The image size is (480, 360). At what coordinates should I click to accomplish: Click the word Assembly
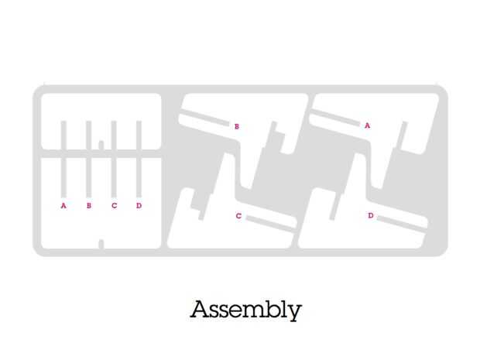tap(245, 310)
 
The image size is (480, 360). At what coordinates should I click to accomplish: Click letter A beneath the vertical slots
tap(63, 206)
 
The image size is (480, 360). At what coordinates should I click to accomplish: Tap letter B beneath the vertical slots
tap(89, 206)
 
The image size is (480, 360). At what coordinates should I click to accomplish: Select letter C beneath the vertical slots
tap(114, 206)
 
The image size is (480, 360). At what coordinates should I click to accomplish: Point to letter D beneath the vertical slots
tap(139, 206)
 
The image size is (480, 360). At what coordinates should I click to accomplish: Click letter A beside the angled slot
tap(367, 125)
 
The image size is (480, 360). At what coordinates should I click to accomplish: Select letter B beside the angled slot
tap(236, 125)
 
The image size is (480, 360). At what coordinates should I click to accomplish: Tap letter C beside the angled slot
tap(238, 216)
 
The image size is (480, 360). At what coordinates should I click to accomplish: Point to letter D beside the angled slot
tap(370, 215)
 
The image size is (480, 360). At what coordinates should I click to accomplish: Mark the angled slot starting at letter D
tap(401, 221)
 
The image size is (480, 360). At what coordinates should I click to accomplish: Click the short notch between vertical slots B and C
tap(101, 144)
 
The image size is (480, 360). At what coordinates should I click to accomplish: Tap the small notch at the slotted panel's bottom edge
tap(101, 245)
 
